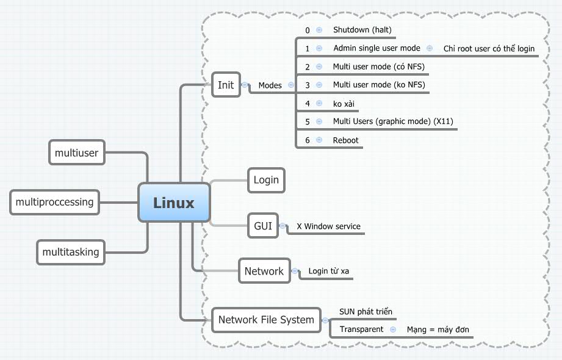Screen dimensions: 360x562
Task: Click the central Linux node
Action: [x=174, y=203]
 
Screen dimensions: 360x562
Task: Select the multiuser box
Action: [x=76, y=153]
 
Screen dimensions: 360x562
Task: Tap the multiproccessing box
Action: [x=54, y=202]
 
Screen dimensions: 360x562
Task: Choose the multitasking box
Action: [x=71, y=251]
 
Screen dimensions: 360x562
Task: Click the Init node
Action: [x=226, y=85]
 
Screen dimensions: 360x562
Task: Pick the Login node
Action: [x=266, y=179]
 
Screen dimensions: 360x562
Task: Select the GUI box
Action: [x=263, y=226]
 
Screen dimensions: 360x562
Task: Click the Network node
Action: [x=264, y=271]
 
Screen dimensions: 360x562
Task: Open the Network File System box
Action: [x=266, y=319]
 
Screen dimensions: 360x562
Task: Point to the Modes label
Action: [x=270, y=85]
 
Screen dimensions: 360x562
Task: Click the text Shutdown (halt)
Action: [x=362, y=30]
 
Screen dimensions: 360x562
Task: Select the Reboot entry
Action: [x=345, y=140]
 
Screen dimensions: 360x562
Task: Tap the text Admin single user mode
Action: [x=376, y=48]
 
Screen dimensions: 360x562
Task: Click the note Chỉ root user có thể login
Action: [x=489, y=49]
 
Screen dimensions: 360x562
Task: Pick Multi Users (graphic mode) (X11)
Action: [x=393, y=122]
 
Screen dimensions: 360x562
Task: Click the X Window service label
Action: [x=328, y=226]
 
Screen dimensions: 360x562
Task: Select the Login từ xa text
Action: [x=328, y=271]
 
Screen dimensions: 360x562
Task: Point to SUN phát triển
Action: [x=366, y=312]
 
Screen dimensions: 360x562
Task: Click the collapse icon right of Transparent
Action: [x=394, y=329]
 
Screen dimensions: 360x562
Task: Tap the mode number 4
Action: [x=308, y=104]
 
